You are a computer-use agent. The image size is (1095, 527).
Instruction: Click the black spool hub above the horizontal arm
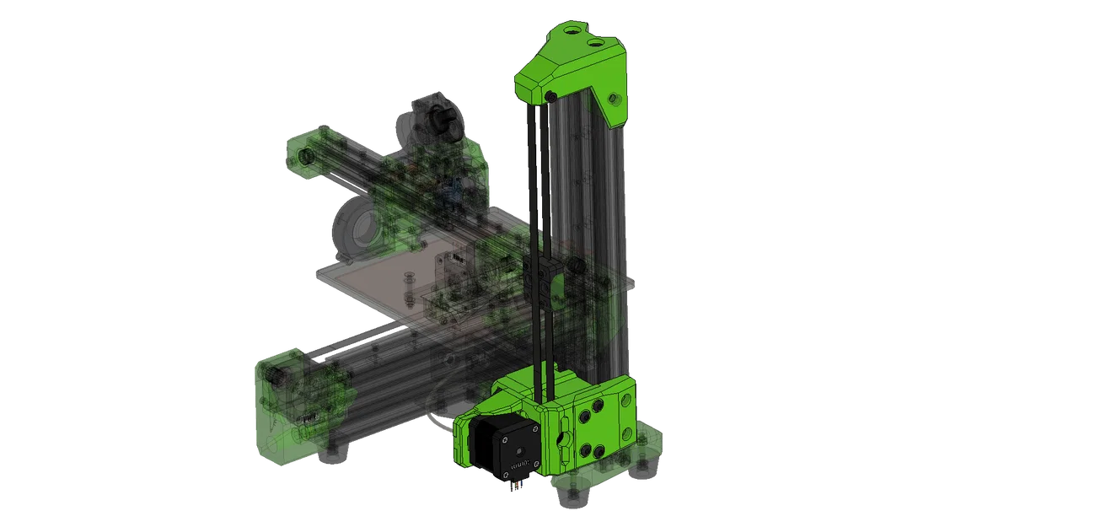(442, 124)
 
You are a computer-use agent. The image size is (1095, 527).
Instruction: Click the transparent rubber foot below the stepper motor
(571, 497)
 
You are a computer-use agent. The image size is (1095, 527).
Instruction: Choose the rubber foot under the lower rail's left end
(335, 455)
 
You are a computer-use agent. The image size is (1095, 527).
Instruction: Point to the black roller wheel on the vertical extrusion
(578, 267)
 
